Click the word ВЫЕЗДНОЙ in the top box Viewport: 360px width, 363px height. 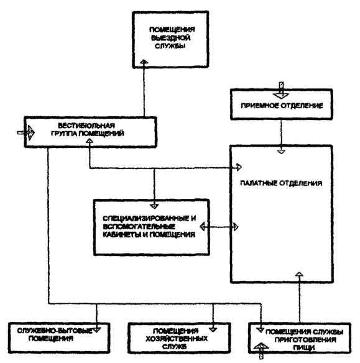pyautogui.click(x=170, y=38)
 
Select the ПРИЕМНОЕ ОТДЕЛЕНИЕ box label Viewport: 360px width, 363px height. pyautogui.click(x=282, y=106)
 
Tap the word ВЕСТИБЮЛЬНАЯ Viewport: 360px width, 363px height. pyautogui.click(x=86, y=126)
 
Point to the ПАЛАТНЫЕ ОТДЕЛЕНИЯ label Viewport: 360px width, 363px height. pyautogui.click(x=281, y=183)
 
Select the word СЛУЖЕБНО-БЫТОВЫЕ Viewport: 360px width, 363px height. pyautogui.click(x=55, y=331)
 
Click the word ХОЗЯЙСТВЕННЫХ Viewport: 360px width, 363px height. pyautogui.click(x=177, y=339)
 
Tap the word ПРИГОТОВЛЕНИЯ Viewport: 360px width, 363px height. pyautogui.click(x=305, y=340)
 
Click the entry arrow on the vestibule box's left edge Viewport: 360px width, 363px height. pyautogui.click(x=26, y=132)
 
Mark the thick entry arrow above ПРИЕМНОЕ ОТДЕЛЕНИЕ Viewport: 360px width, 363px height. pyautogui.click(x=281, y=90)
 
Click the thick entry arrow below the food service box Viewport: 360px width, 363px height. pyautogui.click(x=261, y=351)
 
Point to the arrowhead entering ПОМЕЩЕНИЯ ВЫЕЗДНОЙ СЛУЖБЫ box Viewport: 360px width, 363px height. pyautogui.click(x=144, y=62)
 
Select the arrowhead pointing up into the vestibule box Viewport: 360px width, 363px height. pyautogui.click(x=90, y=141)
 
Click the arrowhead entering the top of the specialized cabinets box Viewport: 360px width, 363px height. pyautogui.click(x=154, y=206)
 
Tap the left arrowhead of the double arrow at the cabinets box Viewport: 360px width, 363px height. pyautogui.click(x=202, y=227)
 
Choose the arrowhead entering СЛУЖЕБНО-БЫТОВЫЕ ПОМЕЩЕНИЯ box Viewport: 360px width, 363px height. pyautogui.click(x=96, y=329)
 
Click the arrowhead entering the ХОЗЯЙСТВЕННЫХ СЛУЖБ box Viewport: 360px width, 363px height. pyautogui.click(x=213, y=329)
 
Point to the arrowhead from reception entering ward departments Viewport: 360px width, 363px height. pyautogui.click(x=281, y=152)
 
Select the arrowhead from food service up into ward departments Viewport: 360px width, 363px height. pyautogui.click(x=299, y=275)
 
